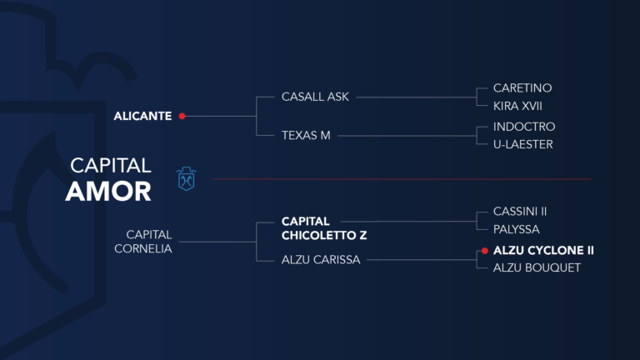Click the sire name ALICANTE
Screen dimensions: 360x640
[x=142, y=116]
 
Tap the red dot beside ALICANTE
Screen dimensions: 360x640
[x=182, y=116]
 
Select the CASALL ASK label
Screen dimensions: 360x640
[x=315, y=97]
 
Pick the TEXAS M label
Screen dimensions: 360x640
[x=306, y=135]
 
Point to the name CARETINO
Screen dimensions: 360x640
[x=522, y=87]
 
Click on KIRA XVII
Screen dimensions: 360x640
[x=517, y=106]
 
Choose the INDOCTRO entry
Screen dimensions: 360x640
[x=523, y=127]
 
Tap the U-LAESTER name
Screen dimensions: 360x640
[x=522, y=144]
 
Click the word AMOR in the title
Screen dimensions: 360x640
[x=108, y=192]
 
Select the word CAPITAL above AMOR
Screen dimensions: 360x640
[x=110, y=165]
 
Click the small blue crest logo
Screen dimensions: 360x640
[x=186, y=178]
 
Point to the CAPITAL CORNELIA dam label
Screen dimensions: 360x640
[x=149, y=242]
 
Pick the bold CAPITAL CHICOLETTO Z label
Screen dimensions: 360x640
[x=324, y=228]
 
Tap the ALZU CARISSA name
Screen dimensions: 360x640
[x=321, y=260]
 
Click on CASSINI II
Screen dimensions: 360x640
[x=519, y=212]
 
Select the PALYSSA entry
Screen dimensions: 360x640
[x=517, y=228]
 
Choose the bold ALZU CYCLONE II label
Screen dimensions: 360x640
[x=543, y=250]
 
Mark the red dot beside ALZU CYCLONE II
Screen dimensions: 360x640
[x=484, y=250]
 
